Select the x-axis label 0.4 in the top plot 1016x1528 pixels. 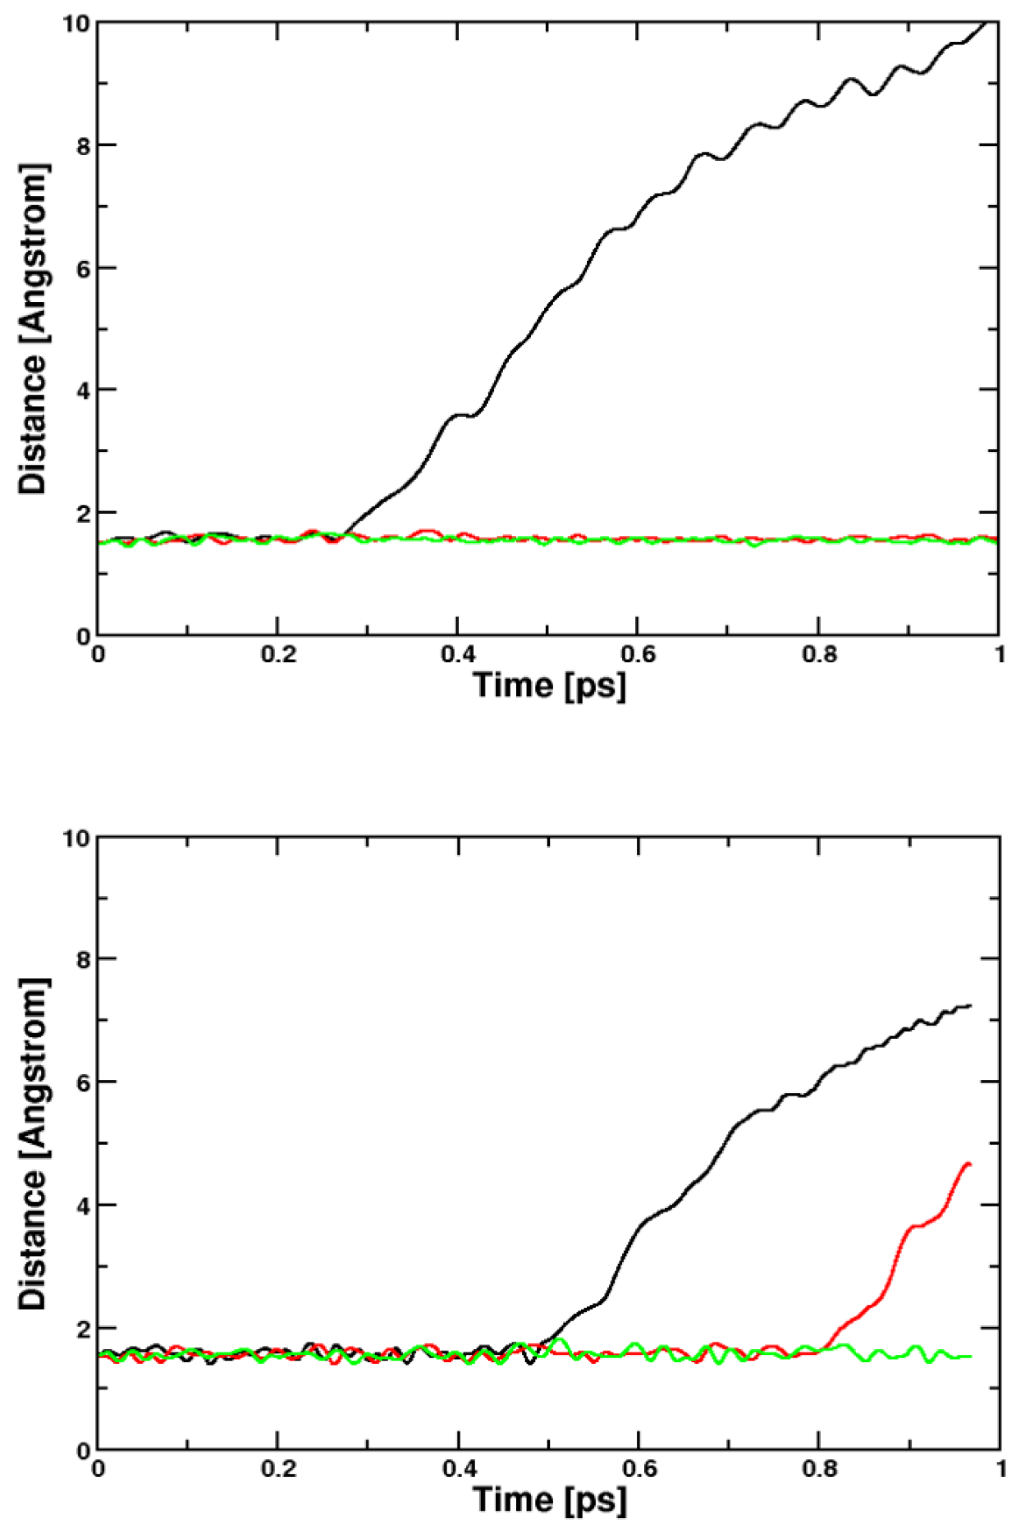pyautogui.click(x=458, y=654)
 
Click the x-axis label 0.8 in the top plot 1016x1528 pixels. pyautogui.click(x=819, y=654)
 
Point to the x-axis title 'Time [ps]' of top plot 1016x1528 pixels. pyautogui.click(x=549, y=685)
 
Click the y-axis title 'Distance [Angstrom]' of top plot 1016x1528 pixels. pyautogui.click(x=34, y=328)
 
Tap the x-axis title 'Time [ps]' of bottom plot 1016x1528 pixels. pyautogui.click(x=549, y=1500)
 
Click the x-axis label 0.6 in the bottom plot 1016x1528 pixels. pyautogui.click(x=638, y=1469)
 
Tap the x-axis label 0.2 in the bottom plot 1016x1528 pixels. pyautogui.click(x=278, y=1469)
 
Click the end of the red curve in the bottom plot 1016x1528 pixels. pyautogui.click(x=970, y=1164)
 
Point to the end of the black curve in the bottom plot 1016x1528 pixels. pyautogui.click(x=971, y=1005)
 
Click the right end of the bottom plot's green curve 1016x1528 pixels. pyautogui.click(x=971, y=1356)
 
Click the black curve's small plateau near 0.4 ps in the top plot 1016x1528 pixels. pyautogui.click(x=463, y=415)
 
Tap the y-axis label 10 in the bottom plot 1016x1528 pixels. pyautogui.click(x=76, y=838)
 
